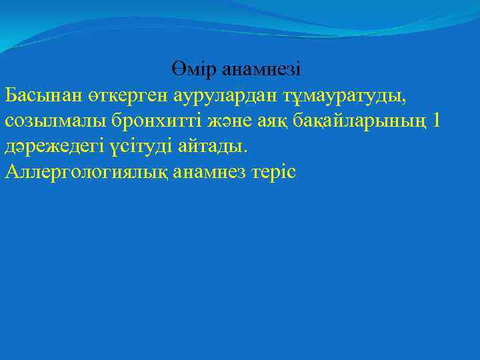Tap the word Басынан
click(42, 95)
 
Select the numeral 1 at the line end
click(437, 121)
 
